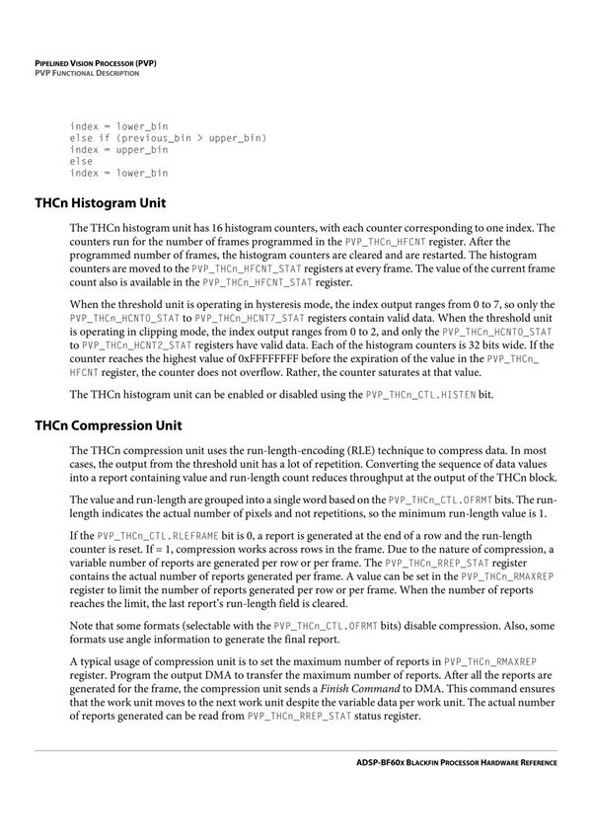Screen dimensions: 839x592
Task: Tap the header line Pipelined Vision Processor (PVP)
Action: tap(96, 62)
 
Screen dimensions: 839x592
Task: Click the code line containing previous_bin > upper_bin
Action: tap(168, 138)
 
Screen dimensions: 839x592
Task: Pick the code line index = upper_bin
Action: tap(118, 150)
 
